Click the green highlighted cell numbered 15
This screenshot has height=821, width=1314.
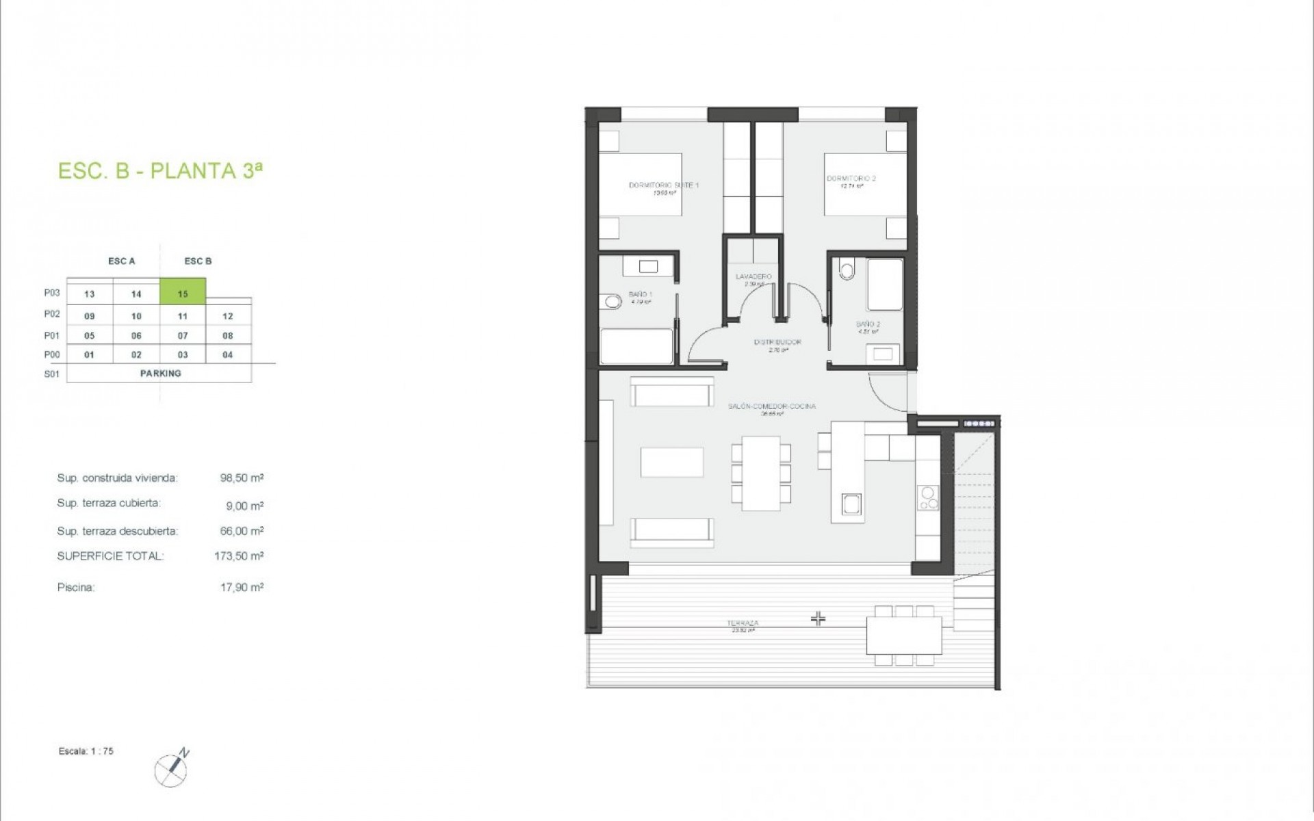coord(183,294)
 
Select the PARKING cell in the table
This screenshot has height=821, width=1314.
coord(160,374)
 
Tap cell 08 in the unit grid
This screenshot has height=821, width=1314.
coord(228,336)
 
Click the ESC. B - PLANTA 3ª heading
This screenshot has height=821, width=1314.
coord(160,170)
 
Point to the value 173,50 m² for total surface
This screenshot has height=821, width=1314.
coord(239,556)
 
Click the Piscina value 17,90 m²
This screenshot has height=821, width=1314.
coord(242,587)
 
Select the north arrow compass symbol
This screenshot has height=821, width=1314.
coord(171,769)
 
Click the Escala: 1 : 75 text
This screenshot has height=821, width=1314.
coord(86,751)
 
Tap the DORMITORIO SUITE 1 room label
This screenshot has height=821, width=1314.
coord(663,185)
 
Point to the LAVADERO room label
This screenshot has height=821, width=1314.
coord(753,277)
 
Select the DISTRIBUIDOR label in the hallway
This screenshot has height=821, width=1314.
coord(777,342)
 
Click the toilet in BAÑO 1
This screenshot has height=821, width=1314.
coord(609,302)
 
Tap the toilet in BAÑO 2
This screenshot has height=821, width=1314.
coord(847,270)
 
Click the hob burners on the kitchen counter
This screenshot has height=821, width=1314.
coord(928,498)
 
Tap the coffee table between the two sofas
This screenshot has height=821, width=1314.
coord(671,462)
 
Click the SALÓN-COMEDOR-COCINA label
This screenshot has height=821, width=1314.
coord(771,406)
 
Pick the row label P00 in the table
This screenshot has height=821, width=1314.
coord(52,354)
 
